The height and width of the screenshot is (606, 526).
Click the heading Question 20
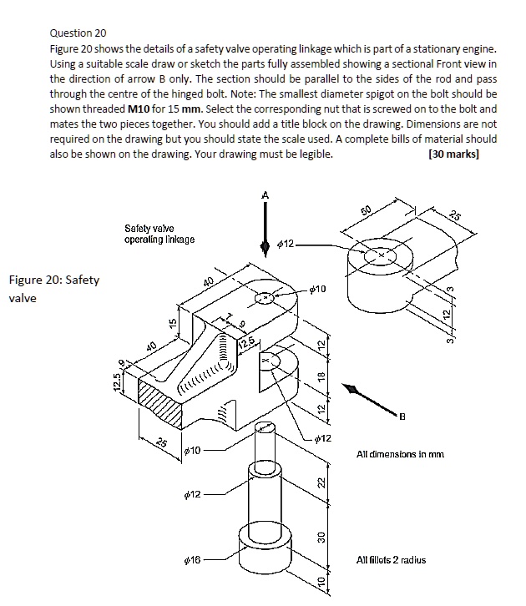point(78,33)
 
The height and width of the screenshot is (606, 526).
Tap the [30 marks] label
point(453,154)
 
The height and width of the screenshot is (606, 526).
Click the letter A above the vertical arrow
point(266,194)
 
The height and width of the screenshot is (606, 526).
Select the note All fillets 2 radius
point(391,559)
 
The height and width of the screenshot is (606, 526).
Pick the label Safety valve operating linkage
point(159,234)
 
